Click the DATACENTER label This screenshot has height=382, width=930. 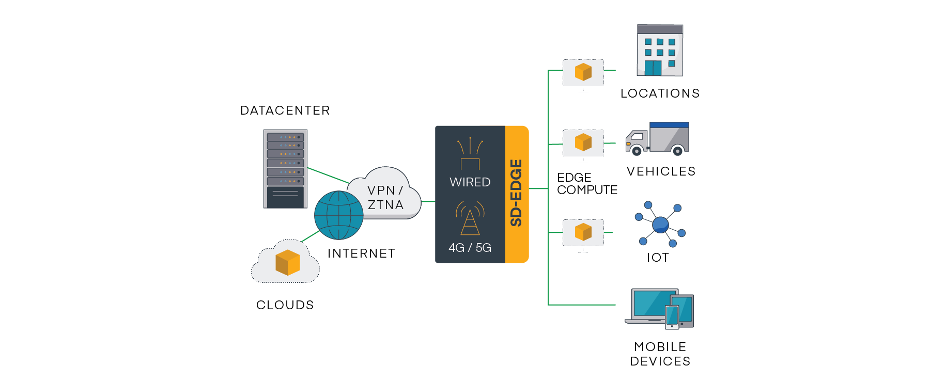pyautogui.click(x=285, y=110)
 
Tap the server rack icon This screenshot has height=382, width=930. pyautogui.click(x=285, y=169)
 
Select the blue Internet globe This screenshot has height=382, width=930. pyautogui.click(x=338, y=215)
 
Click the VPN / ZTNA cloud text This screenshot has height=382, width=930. pyautogui.click(x=385, y=198)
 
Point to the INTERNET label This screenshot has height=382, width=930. pyautogui.click(x=361, y=253)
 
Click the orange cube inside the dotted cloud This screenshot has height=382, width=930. pyautogui.click(x=287, y=262)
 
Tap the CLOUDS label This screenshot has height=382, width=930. pyautogui.click(x=285, y=305)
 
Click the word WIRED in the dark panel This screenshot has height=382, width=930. pyautogui.click(x=470, y=182)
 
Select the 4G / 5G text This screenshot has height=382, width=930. pyautogui.click(x=470, y=248)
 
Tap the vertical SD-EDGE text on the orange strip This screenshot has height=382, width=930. pyautogui.click(x=516, y=193)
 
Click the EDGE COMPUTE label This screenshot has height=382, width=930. pyautogui.click(x=586, y=184)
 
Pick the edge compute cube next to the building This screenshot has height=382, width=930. pyautogui.click(x=583, y=72)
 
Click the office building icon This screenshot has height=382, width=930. pyautogui.click(x=660, y=51)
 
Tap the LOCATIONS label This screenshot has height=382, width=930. pyautogui.click(x=660, y=93)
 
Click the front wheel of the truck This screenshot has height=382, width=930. pyautogui.click(x=637, y=151)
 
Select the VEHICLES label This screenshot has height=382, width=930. pyautogui.click(x=661, y=171)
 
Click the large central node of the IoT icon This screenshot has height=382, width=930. pyautogui.click(x=660, y=225)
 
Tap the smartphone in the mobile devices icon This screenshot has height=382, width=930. pyautogui.click(x=672, y=316)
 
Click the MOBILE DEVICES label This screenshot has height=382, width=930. pyautogui.click(x=660, y=354)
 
